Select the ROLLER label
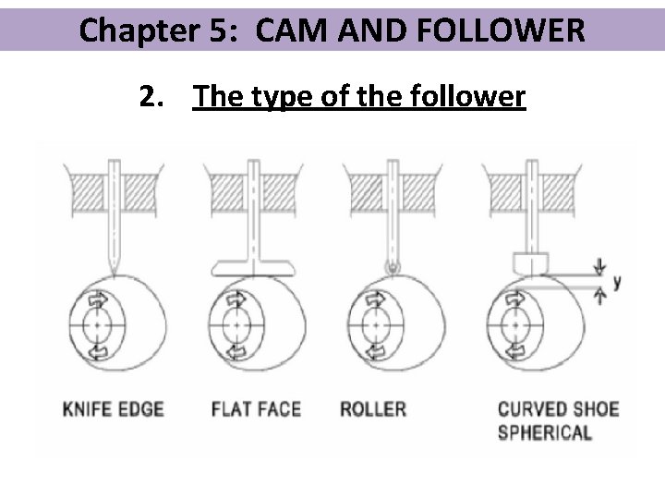[373, 408]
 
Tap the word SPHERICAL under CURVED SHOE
[545, 432]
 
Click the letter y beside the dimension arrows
[616, 281]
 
